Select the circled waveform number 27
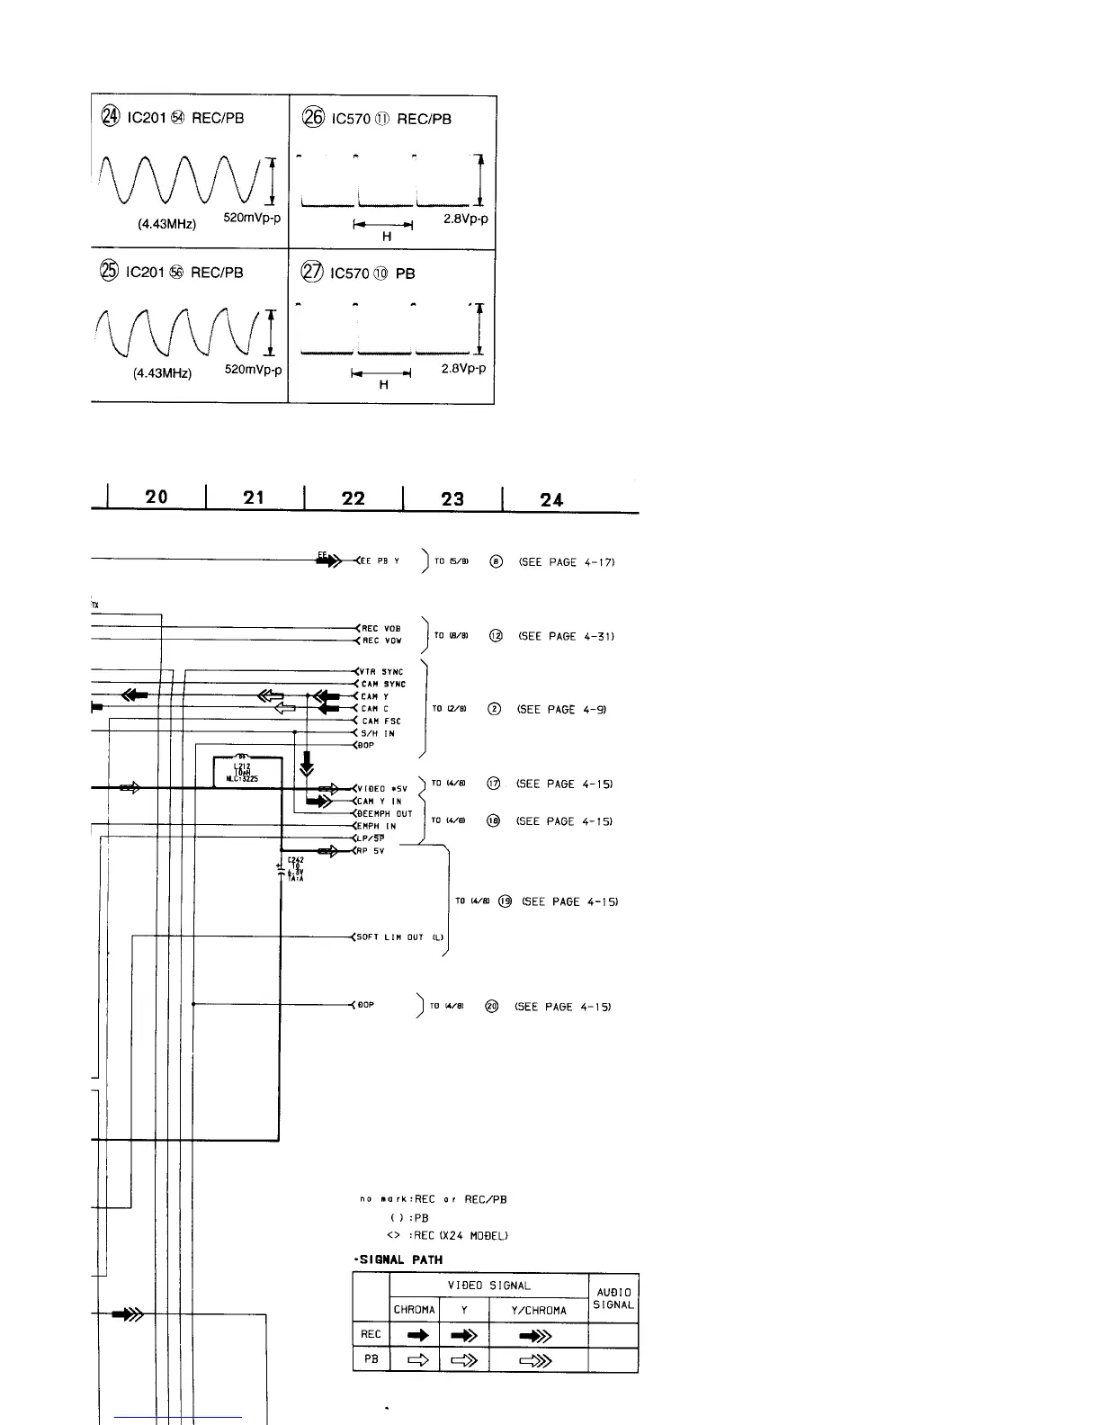pos(311,273)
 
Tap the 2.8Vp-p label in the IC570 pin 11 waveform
pos(465,219)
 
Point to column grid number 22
pos(354,497)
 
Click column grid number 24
pos(551,499)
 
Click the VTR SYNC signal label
pos(382,672)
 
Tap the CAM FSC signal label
pos(381,721)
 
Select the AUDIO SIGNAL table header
pos(613,1298)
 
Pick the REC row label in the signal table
pos(371,1335)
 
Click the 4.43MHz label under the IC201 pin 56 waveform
pos(163,372)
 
